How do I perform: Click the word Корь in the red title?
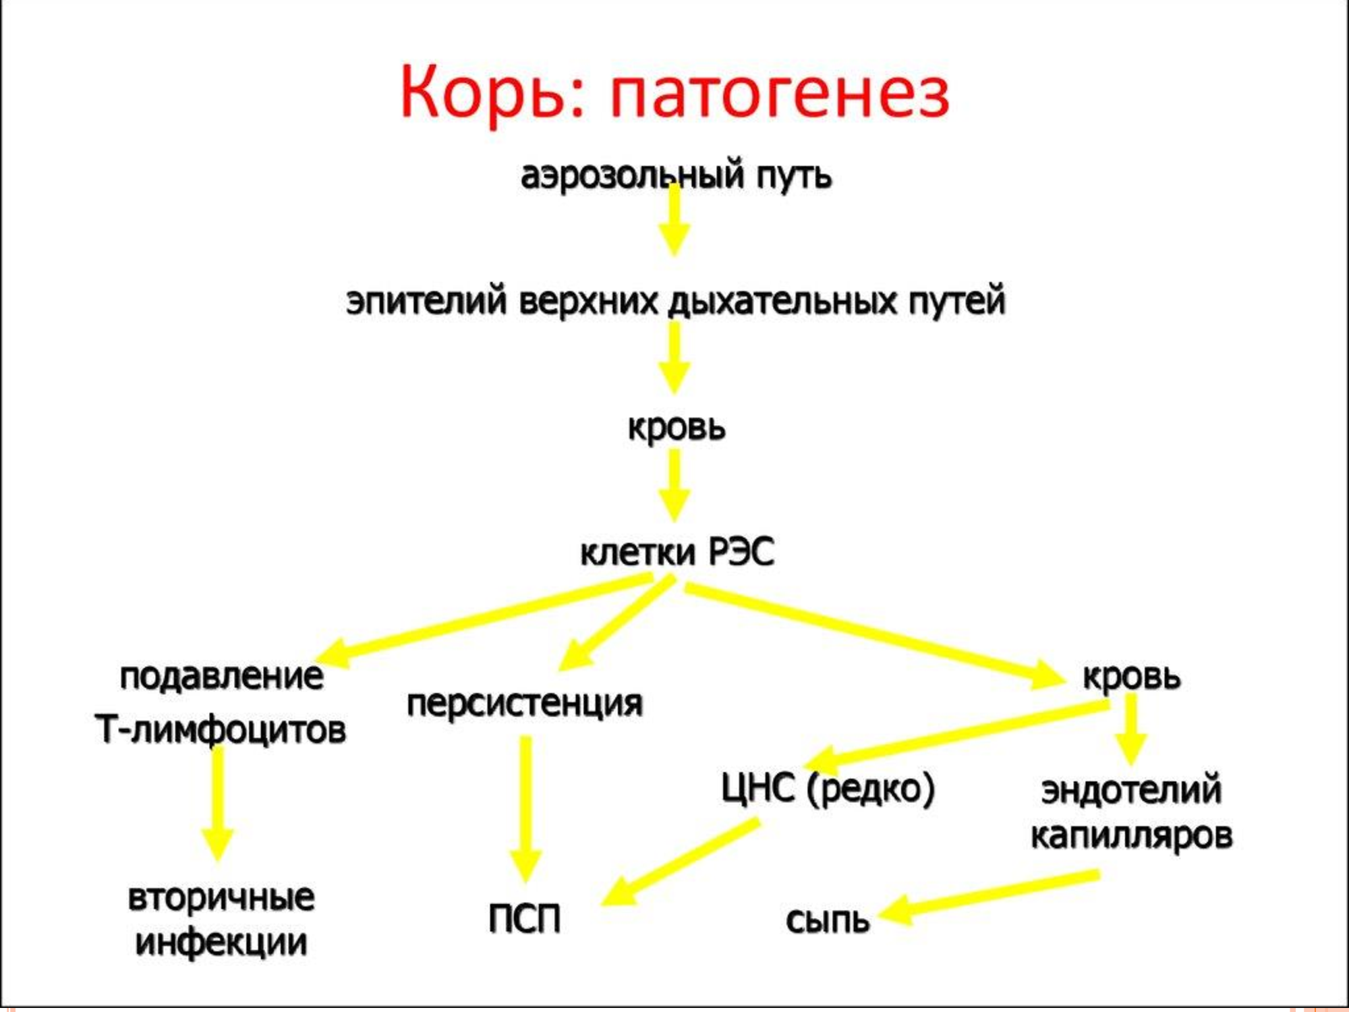491,92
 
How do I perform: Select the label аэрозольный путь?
676,175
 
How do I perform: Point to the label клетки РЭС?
677,552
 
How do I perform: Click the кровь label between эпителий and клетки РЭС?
677,427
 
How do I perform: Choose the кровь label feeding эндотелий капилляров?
1132,676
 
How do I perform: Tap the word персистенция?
525,704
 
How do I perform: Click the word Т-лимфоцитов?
221,729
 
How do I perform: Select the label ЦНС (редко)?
828,788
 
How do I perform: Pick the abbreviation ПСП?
524,918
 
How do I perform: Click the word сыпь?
828,920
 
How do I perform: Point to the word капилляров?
1132,836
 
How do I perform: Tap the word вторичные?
221,897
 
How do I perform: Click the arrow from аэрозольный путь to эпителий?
674,220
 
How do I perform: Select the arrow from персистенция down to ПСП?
525,810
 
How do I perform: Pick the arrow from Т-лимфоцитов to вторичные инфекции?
217,803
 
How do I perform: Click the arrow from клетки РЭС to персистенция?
616,623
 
